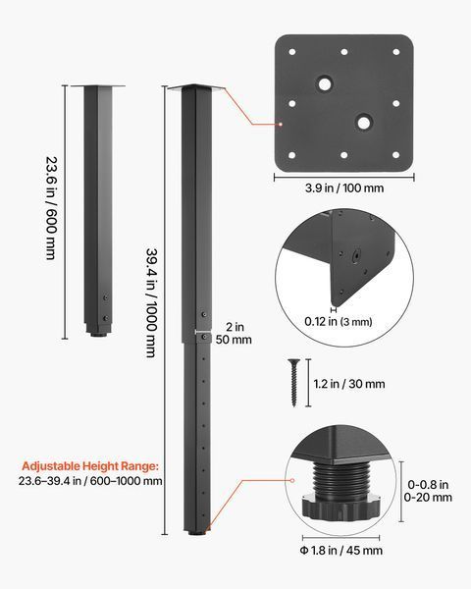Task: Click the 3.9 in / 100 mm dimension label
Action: tap(344, 187)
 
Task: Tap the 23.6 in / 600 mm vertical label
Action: tap(51, 208)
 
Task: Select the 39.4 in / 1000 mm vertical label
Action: tap(151, 302)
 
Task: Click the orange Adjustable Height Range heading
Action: tap(90, 466)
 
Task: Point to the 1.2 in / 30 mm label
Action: tap(349, 384)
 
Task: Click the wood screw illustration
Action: tap(293, 383)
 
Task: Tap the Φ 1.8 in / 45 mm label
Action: tap(341, 551)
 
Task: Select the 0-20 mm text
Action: tap(428, 498)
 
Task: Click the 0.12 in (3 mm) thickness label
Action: tap(338, 322)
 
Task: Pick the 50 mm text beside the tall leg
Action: tap(234, 340)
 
